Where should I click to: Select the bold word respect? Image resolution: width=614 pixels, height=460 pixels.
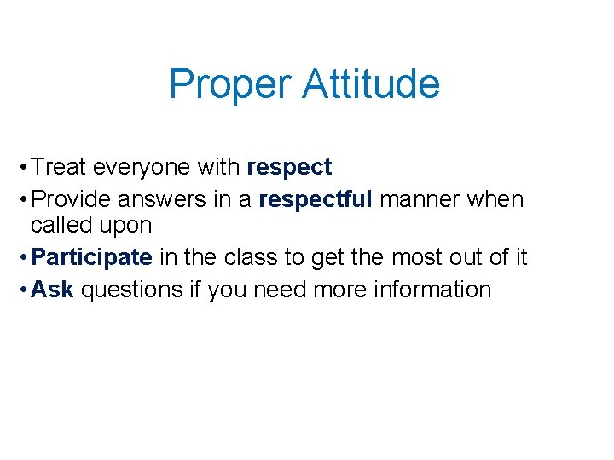pyautogui.click(x=289, y=168)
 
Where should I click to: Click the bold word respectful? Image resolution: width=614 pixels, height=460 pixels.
pyautogui.click(x=316, y=199)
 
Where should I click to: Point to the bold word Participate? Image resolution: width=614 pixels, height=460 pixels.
pyautogui.click(x=91, y=257)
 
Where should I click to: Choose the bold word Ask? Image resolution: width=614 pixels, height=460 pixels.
pyautogui.click(x=52, y=290)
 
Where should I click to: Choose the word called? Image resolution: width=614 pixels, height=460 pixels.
pyautogui.click(x=61, y=226)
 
